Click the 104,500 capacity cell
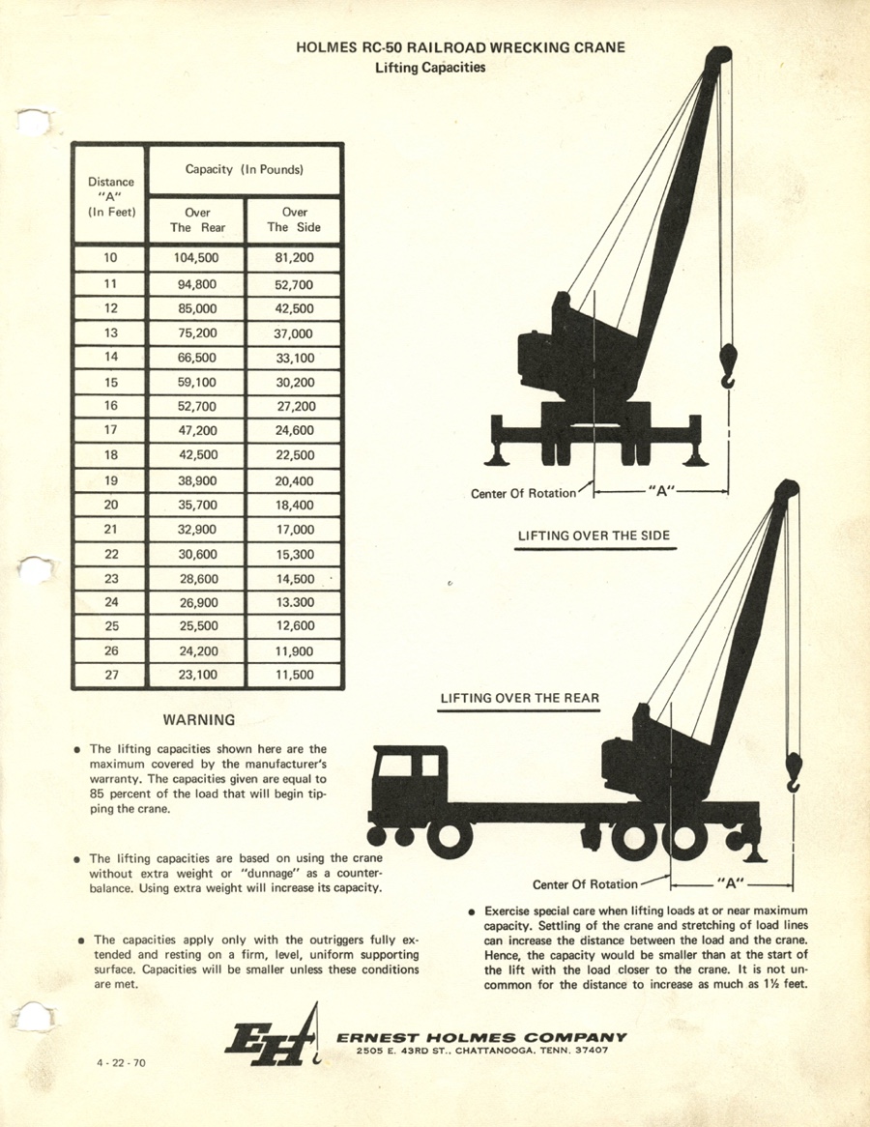tap(195, 259)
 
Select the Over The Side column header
tap(294, 220)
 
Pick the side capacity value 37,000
tap(294, 333)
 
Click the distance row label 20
tap(110, 505)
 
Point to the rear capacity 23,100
tap(197, 675)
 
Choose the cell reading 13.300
tap(294, 602)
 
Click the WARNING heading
tap(199, 720)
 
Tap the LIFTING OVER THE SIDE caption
tap(594, 535)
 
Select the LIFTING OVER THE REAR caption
tap(519, 698)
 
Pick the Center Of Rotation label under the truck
tap(585, 883)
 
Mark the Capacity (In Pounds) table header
tap(245, 169)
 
